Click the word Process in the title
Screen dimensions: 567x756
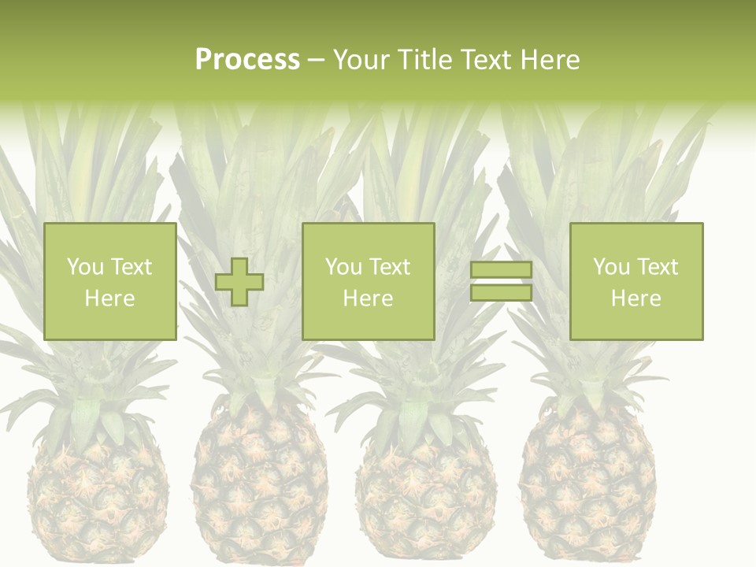point(247,60)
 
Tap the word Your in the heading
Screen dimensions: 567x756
point(362,60)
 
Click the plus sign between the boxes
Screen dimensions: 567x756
point(239,282)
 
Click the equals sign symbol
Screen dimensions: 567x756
point(501,281)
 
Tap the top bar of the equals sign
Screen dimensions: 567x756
point(501,270)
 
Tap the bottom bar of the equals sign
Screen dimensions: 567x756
point(501,292)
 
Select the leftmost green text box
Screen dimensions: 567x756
point(110,281)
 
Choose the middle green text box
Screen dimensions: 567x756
point(369,281)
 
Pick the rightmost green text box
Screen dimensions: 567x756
point(636,281)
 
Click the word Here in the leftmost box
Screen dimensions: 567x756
point(109,298)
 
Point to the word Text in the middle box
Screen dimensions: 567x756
point(389,267)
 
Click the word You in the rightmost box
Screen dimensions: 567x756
point(612,267)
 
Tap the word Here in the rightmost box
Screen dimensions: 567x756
point(636,298)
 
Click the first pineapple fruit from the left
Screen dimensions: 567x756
point(98,496)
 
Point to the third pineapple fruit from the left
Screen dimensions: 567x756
point(425,492)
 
